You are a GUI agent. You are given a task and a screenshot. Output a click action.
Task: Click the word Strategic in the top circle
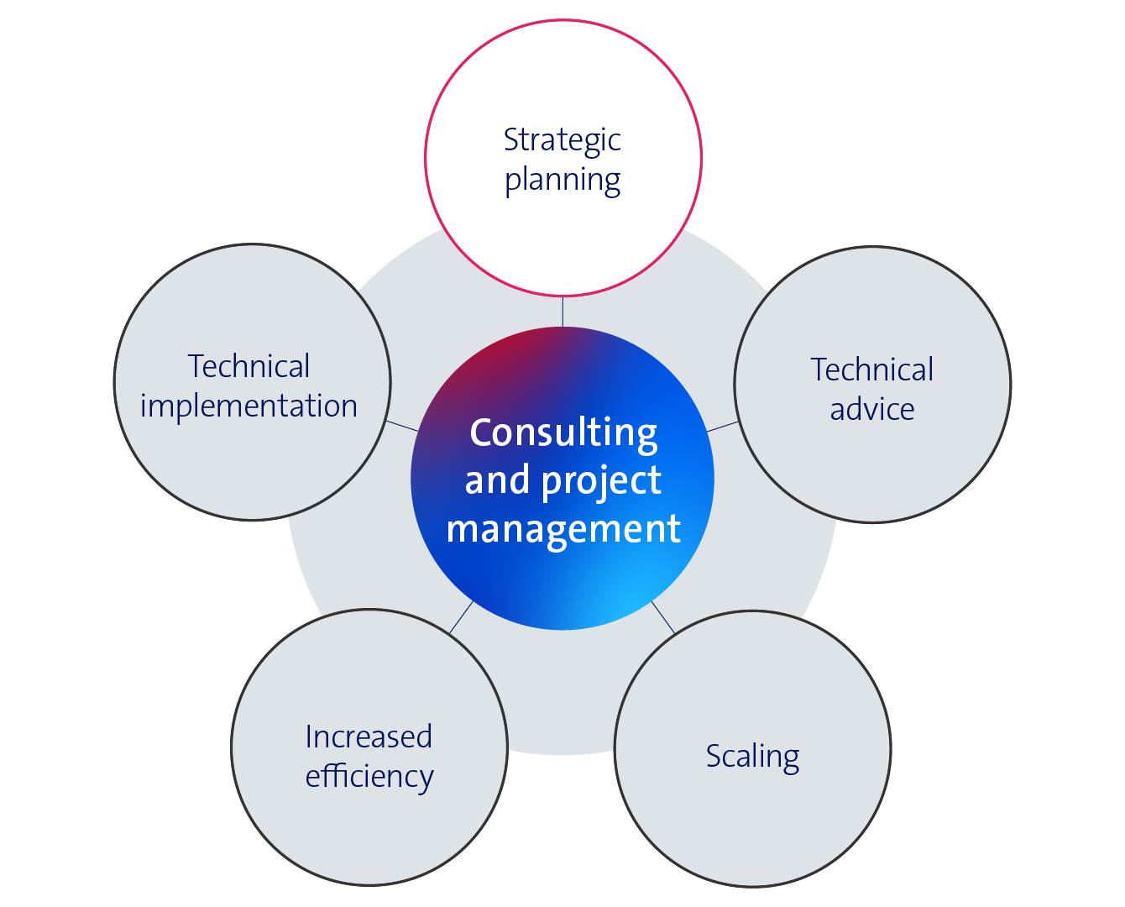coord(562,141)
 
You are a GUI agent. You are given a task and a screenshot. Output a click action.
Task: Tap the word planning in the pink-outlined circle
coord(562,181)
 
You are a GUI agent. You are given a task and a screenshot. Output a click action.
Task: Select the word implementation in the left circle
coord(249,406)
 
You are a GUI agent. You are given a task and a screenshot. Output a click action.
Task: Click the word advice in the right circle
coord(872,410)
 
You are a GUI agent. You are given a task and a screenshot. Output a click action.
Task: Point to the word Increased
coord(369,737)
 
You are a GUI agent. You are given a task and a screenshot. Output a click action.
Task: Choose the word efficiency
coord(369,778)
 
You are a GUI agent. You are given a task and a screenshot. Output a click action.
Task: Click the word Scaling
coord(753,758)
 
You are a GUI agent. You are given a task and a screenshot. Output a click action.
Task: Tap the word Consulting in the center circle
coord(563,434)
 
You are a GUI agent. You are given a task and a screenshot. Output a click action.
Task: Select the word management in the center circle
coord(563,530)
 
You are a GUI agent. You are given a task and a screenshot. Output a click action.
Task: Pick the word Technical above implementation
coord(249,366)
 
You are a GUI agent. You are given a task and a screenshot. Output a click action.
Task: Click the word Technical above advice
coord(872,370)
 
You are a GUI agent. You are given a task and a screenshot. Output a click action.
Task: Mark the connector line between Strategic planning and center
coord(562,312)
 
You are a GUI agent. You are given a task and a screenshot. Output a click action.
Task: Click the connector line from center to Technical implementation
coord(402,427)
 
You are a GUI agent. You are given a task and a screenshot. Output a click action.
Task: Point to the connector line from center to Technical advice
coord(723,427)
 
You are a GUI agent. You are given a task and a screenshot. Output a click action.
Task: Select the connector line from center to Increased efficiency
coord(461,617)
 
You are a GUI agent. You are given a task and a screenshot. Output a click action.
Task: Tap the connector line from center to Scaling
coord(663,618)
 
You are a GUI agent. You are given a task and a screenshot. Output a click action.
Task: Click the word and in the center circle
coord(497,480)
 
